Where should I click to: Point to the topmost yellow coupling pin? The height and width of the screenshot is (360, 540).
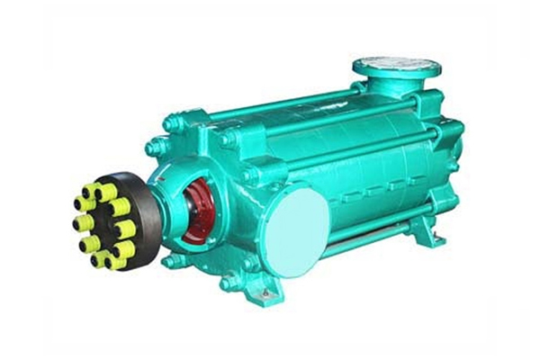[105, 191]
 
